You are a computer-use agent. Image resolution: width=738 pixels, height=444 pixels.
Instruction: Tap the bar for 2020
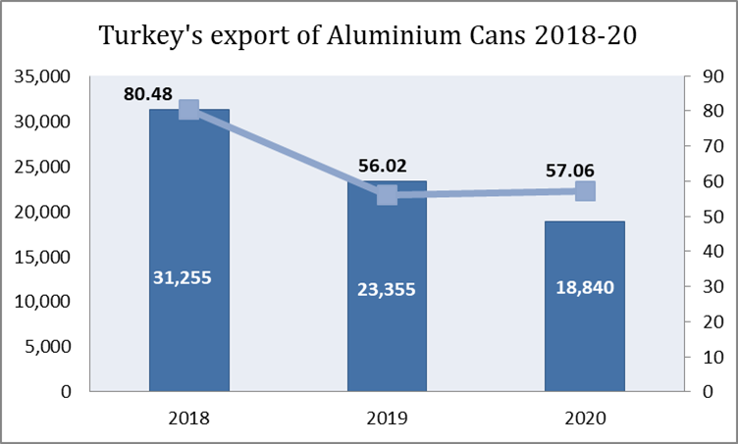pos(585,343)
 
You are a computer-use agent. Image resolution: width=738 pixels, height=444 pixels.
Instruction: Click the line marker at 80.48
pos(189,110)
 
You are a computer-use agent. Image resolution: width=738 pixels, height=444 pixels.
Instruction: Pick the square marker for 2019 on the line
pos(387,195)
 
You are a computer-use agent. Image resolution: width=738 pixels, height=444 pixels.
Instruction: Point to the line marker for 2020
pos(585,191)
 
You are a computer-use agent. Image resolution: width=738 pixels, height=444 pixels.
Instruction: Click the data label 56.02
pos(383,166)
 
